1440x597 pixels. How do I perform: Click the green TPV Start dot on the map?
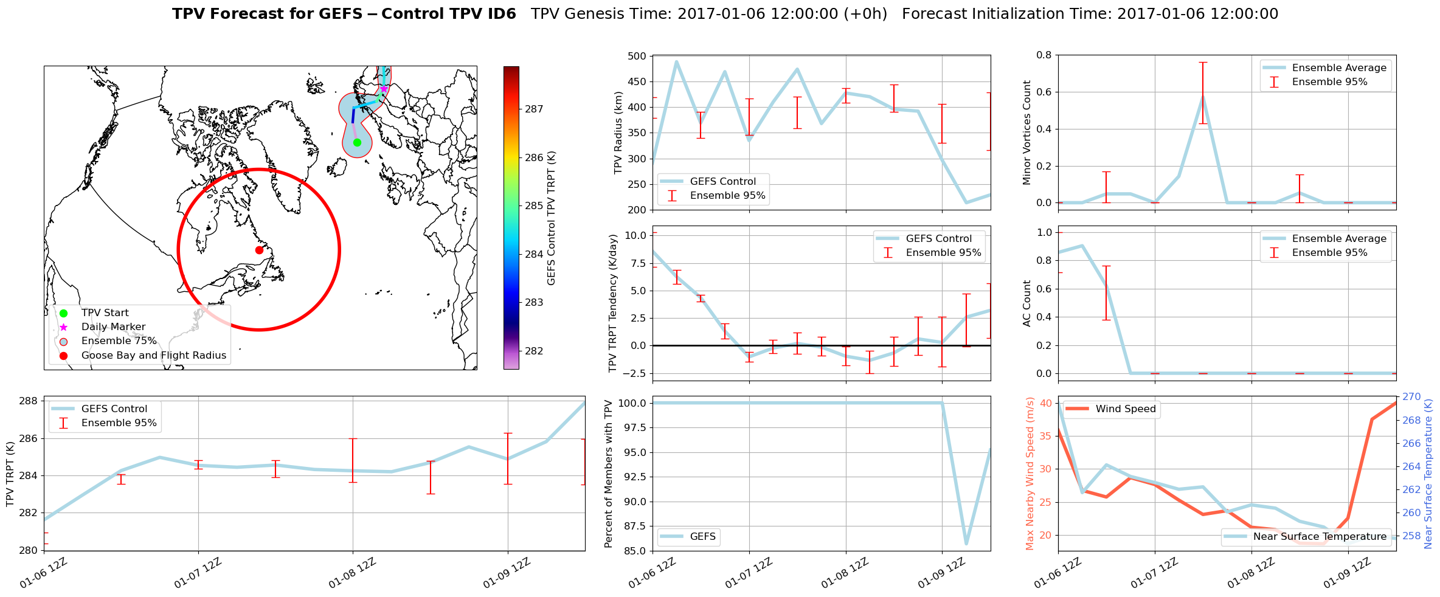click(x=357, y=142)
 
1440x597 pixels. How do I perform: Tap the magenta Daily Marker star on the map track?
click(x=384, y=89)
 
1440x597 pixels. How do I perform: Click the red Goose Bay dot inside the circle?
click(x=259, y=250)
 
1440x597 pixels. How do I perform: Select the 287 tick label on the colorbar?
click(x=534, y=109)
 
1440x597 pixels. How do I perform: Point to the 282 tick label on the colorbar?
click(x=534, y=351)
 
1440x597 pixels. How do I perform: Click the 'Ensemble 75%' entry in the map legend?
click(x=119, y=341)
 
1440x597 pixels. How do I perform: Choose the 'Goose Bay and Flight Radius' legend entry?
click(x=153, y=356)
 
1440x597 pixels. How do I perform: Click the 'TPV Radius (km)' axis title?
click(x=618, y=133)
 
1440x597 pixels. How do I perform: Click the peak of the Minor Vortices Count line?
click(x=1203, y=95)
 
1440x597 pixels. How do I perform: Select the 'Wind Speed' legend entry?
click(x=1125, y=409)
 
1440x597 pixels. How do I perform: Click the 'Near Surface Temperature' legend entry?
click(x=1320, y=537)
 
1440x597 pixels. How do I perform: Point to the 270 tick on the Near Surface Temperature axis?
click(x=1411, y=397)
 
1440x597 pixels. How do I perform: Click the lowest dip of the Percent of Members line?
click(x=966, y=544)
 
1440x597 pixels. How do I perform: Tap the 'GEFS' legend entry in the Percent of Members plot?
click(x=702, y=537)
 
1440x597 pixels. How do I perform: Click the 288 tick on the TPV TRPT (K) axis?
click(x=29, y=401)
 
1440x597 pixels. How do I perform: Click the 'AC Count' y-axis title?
click(x=1027, y=303)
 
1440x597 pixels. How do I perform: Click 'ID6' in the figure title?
click(x=499, y=14)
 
